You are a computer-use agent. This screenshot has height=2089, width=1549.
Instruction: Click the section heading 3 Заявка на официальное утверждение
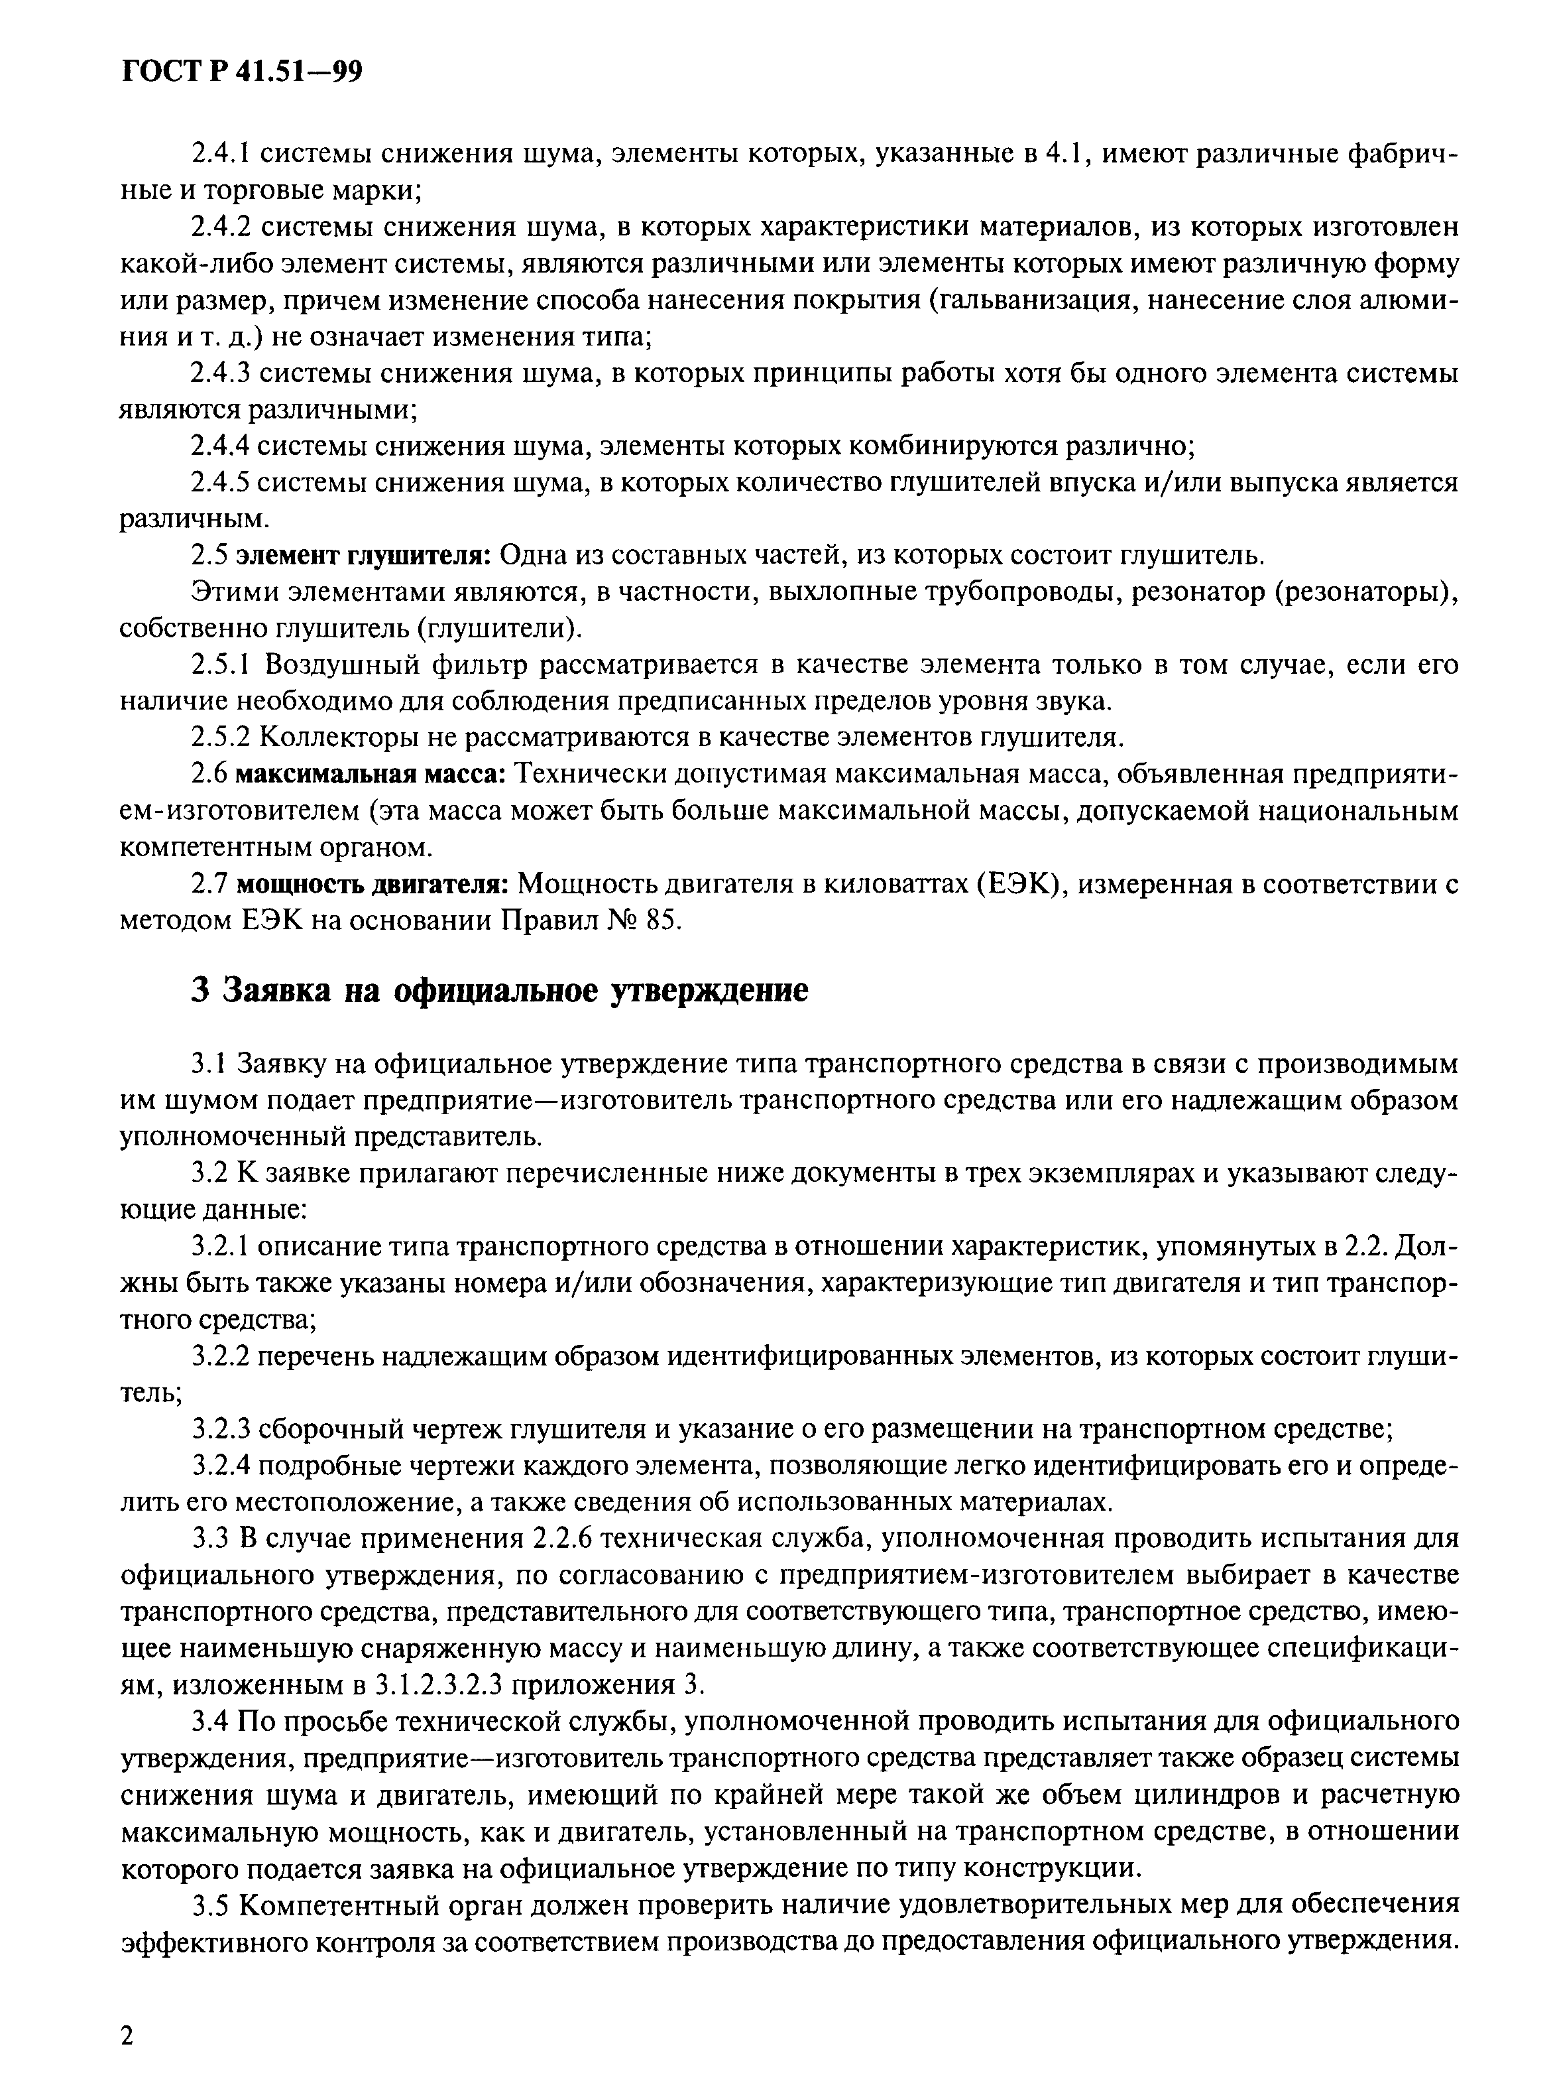pyautogui.click(x=499, y=991)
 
